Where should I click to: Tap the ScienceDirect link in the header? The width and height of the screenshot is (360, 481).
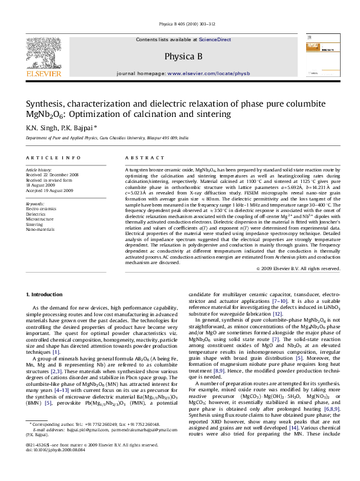[215, 39]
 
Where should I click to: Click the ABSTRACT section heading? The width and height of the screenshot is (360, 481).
[140, 158]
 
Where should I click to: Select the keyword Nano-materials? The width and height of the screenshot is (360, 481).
[39, 230]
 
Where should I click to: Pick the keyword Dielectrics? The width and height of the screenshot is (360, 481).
[35, 214]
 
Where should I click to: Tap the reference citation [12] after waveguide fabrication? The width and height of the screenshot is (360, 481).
[277, 314]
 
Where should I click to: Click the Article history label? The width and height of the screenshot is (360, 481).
[39, 171]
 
